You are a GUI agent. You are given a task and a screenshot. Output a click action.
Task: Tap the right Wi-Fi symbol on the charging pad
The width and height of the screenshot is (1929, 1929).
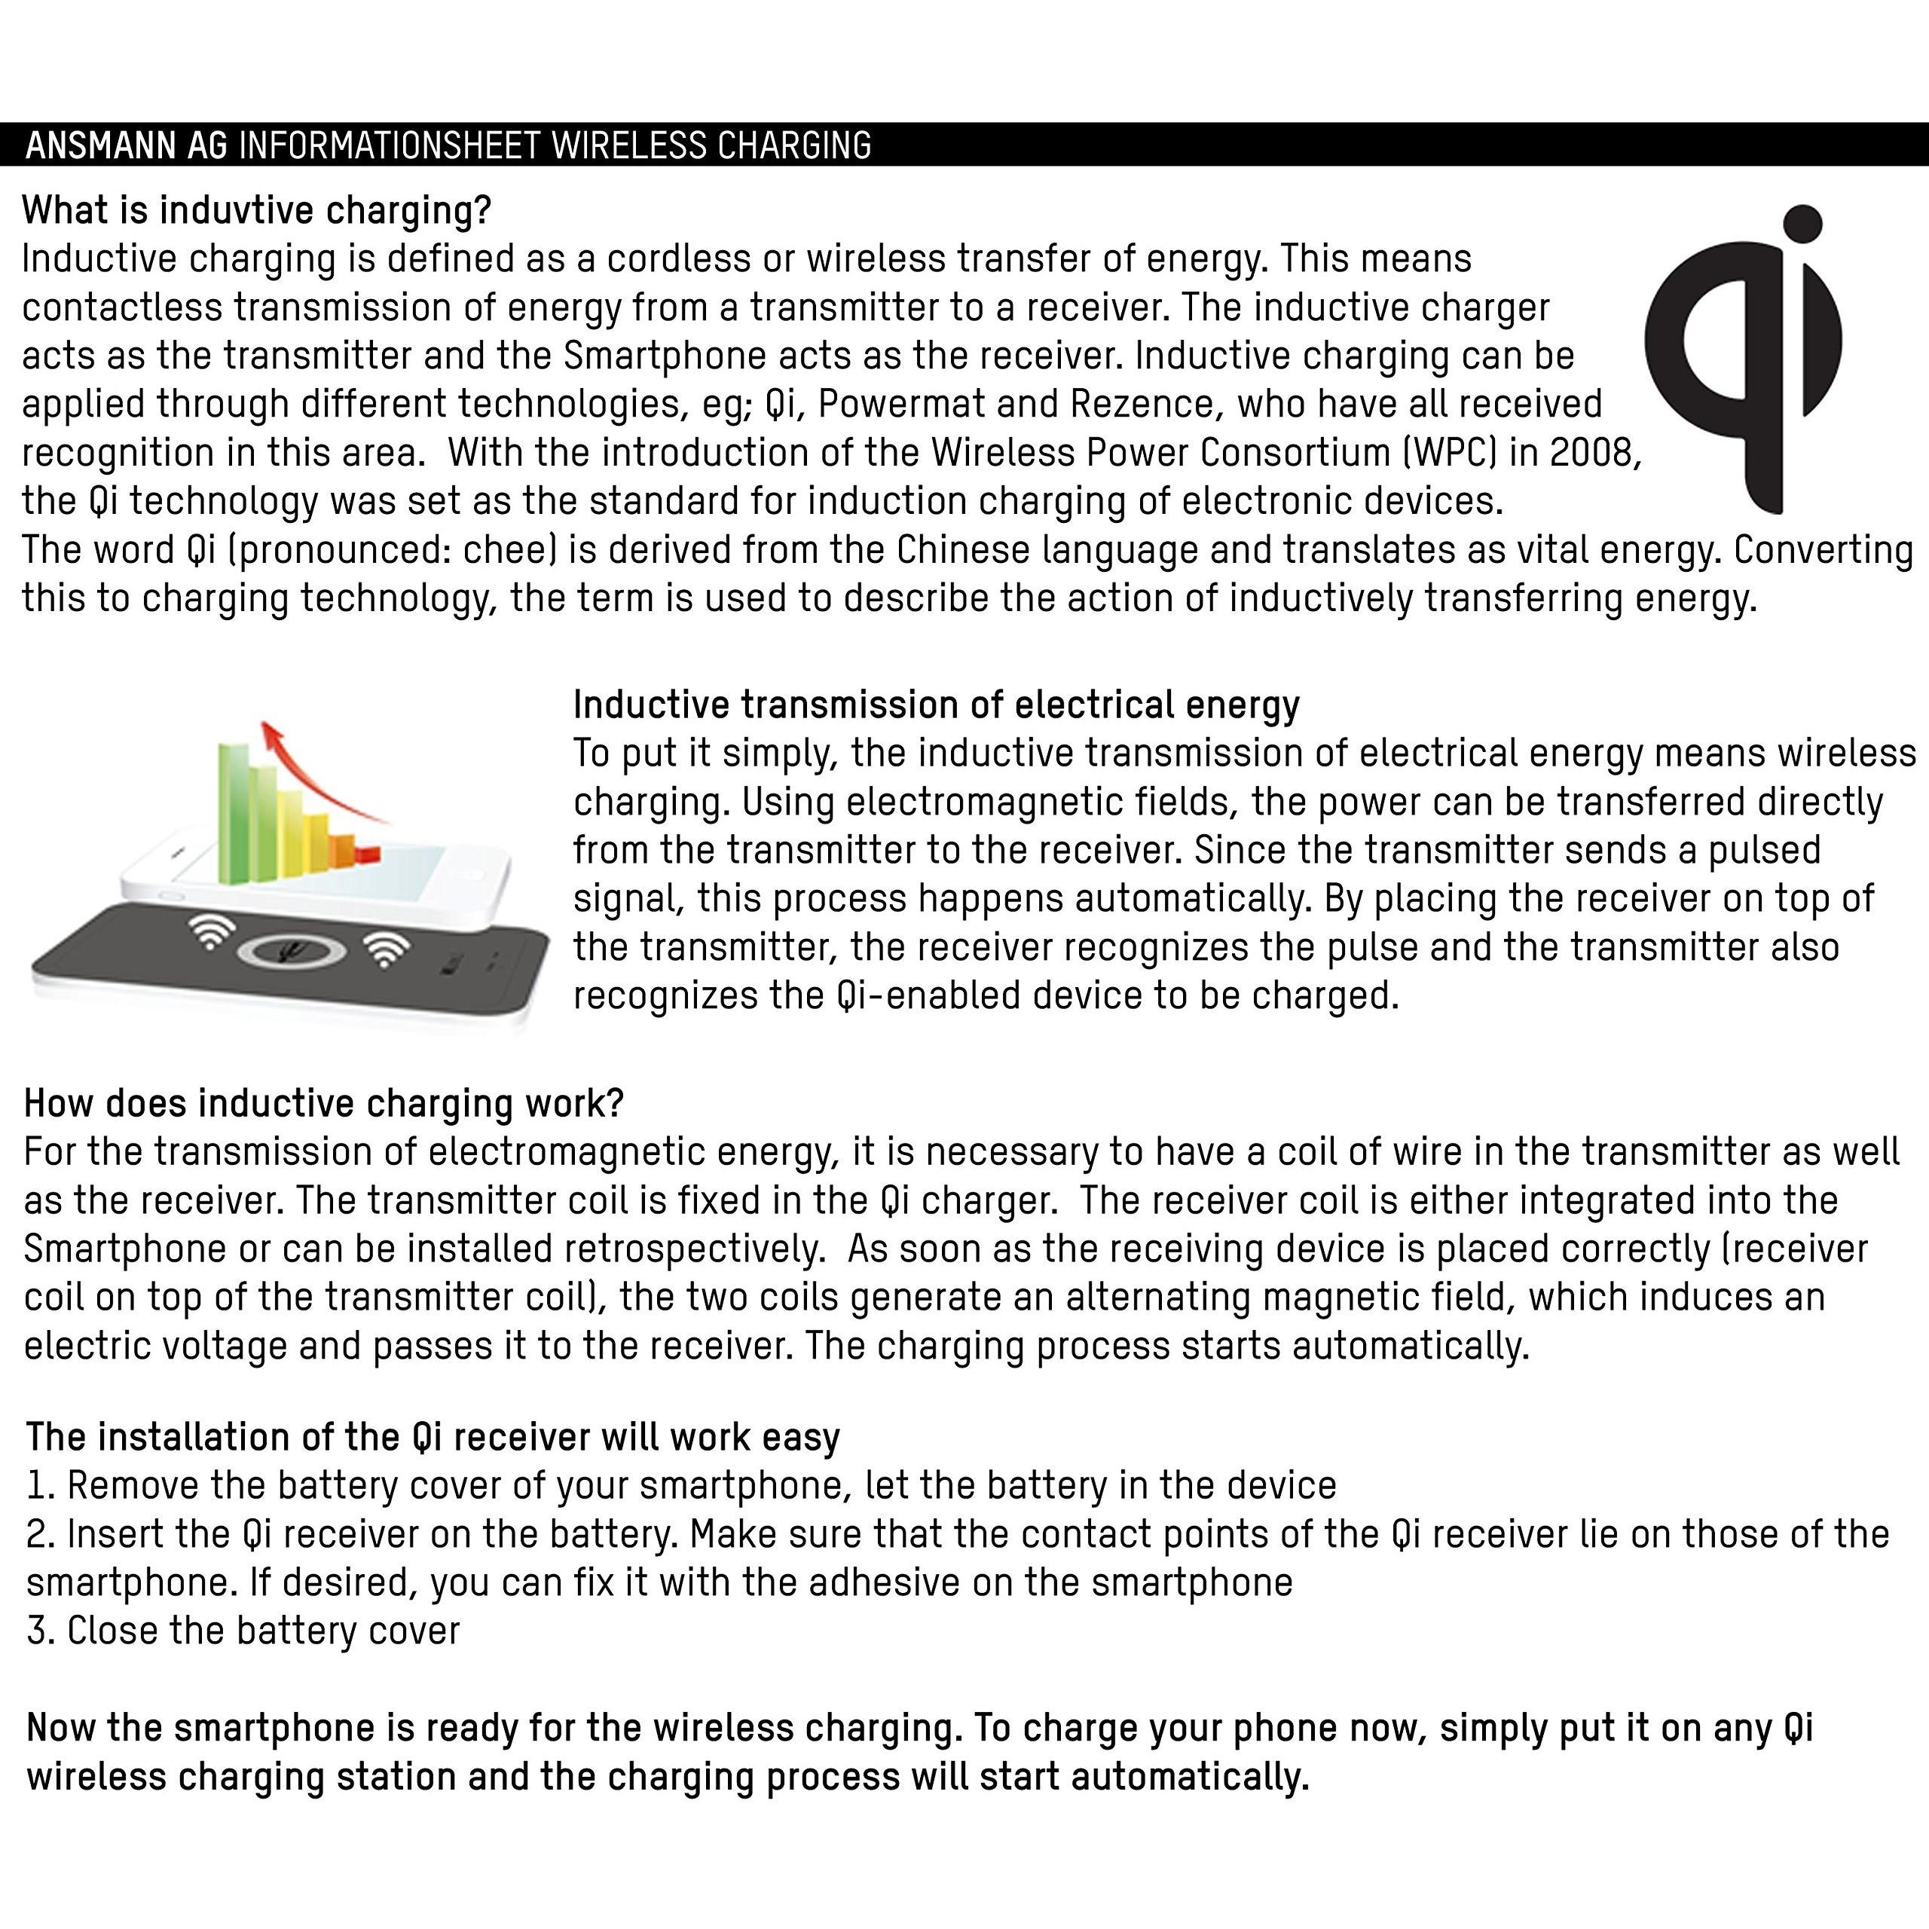[x=385, y=949]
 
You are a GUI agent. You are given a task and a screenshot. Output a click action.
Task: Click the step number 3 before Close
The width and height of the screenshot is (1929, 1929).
[x=38, y=1631]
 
